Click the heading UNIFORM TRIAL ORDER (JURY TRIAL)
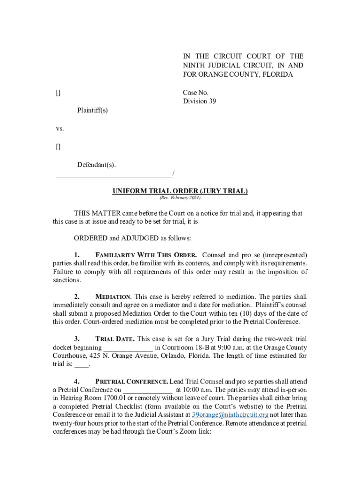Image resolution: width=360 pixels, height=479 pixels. click(x=180, y=191)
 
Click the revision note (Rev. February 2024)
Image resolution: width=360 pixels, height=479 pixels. click(x=180, y=198)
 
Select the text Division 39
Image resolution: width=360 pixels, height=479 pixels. click(x=199, y=101)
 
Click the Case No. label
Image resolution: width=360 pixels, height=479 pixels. click(x=195, y=93)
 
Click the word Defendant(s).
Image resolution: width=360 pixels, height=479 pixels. click(x=96, y=165)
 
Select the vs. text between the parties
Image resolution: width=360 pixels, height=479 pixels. click(x=60, y=128)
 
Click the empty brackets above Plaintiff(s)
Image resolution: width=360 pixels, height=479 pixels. click(x=58, y=93)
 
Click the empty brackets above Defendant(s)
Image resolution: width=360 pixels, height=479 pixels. click(x=58, y=147)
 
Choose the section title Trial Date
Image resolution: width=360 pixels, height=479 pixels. click(x=115, y=339)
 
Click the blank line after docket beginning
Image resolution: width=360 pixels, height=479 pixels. click(x=128, y=348)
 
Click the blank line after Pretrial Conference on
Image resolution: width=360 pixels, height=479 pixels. click(x=148, y=390)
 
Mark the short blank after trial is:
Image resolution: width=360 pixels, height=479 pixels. click(x=81, y=364)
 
